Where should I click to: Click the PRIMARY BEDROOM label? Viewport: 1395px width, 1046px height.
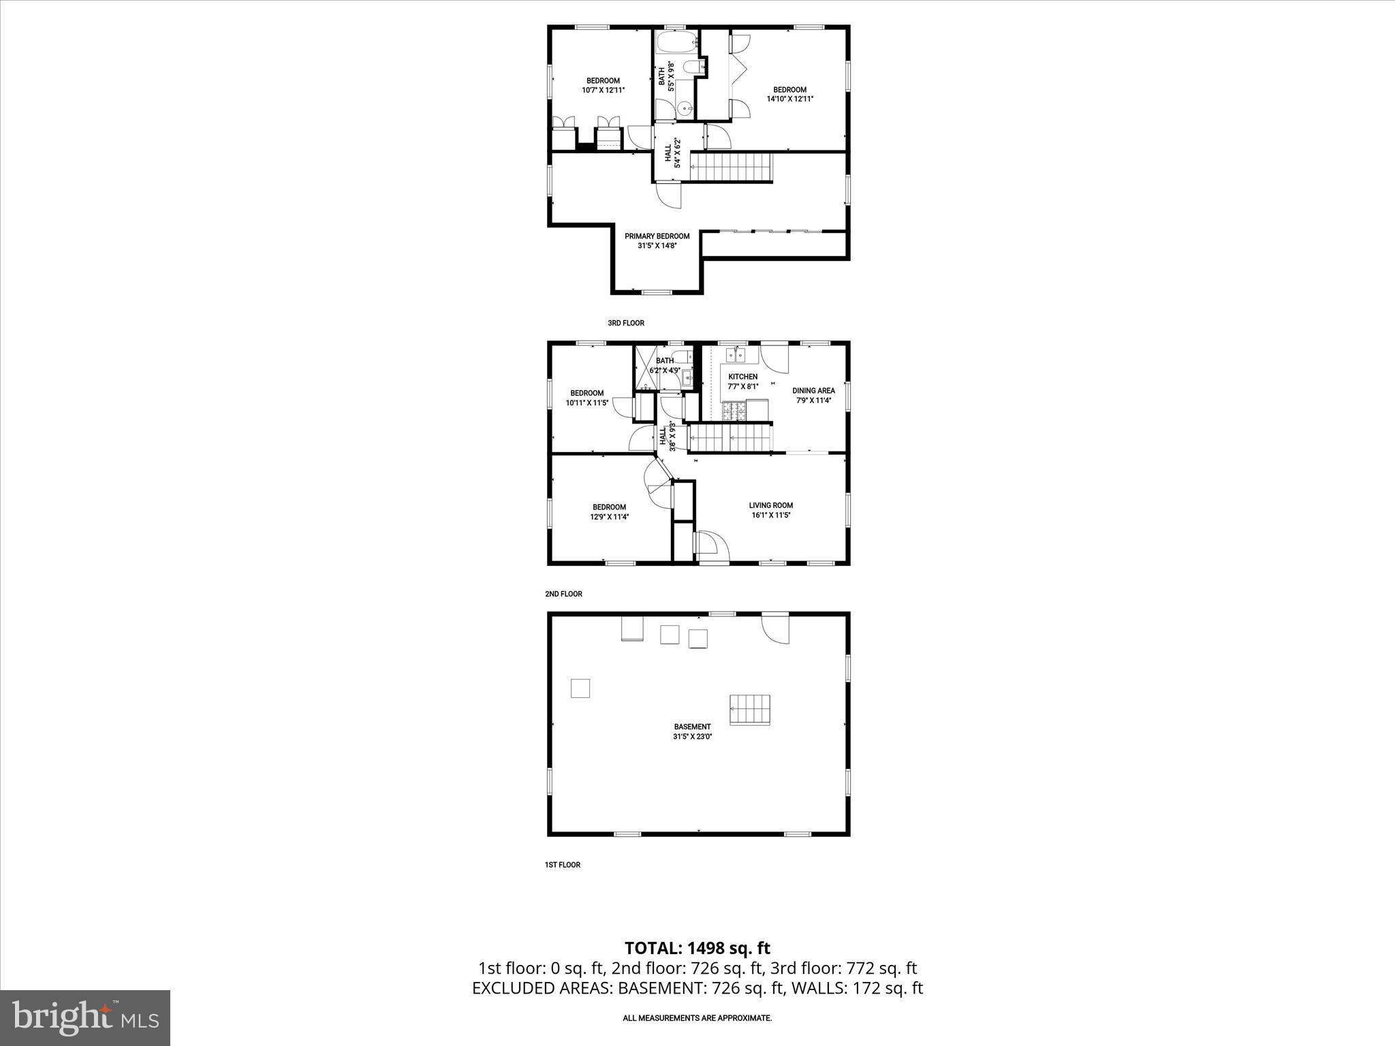click(x=657, y=236)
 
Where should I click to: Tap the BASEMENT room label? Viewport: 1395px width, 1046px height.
click(x=693, y=727)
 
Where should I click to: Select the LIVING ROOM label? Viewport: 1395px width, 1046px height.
click(x=770, y=505)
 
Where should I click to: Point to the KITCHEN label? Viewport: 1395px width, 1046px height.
click(x=742, y=377)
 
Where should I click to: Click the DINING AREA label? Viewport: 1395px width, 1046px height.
click(x=813, y=391)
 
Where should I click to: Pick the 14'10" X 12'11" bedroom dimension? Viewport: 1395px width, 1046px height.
click(x=790, y=99)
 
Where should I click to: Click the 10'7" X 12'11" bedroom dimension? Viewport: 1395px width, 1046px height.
click(x=603, y=90)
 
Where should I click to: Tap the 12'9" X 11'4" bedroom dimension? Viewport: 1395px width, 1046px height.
click(x=609, y=516)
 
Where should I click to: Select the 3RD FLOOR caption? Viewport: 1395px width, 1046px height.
click(x=625, y=323)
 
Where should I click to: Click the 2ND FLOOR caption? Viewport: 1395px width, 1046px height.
click(x=563, y=594)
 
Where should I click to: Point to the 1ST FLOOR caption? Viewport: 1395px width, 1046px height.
click(x=562, y=865)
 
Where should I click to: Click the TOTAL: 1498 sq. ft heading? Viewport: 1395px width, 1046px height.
click(x=697, y=948)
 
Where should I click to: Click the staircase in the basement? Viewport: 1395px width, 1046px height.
click(x=750, y=710)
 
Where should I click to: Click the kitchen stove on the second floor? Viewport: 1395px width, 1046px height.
click(x=735, y=411)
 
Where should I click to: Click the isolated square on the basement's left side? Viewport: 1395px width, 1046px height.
click(x=580, y=688)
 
